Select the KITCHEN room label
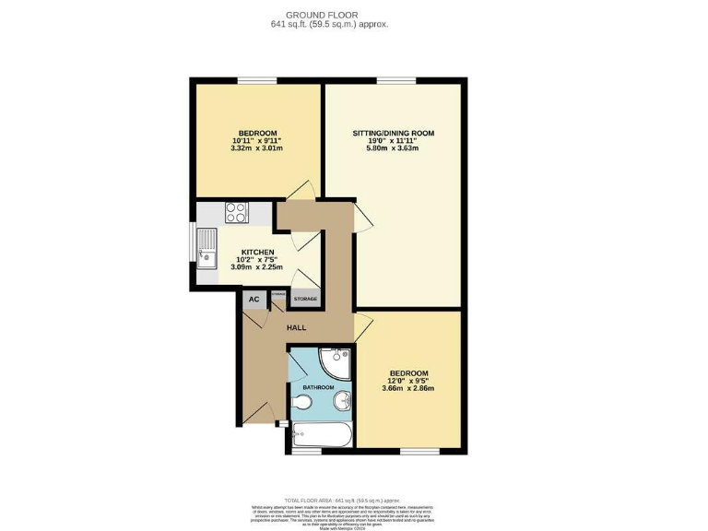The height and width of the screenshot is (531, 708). [257, 252]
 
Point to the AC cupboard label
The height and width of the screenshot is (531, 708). [253, 299]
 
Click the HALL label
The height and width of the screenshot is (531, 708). [296, 327]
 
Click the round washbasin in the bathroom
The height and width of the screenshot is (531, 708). [341, 400]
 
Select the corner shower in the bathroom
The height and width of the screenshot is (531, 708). [335, 359]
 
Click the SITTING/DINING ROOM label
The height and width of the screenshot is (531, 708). [393, 134]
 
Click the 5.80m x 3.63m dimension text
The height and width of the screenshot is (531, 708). [393, 148]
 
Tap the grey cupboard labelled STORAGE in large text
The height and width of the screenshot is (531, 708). [305, 299]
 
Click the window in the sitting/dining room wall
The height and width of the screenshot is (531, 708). [395, 81]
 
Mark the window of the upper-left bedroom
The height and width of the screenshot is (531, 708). [251, 81]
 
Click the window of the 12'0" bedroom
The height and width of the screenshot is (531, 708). [412, 452]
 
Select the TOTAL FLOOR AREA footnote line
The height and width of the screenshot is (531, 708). [353, 497]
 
